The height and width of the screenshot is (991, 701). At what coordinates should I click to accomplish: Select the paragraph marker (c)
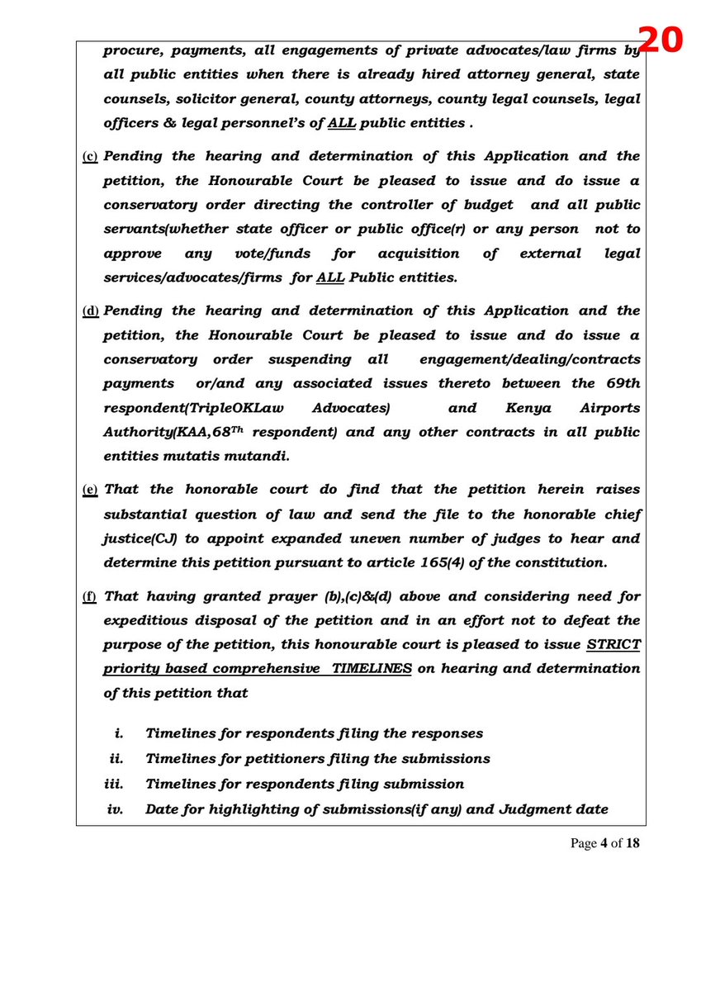(90, 157)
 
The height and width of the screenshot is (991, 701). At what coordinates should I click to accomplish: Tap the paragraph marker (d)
(90, 311)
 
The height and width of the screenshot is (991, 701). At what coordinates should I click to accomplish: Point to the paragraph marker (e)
(90, 491)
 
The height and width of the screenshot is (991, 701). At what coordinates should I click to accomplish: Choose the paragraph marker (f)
(90, 597)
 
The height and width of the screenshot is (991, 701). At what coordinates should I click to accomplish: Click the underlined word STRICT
(613, 644)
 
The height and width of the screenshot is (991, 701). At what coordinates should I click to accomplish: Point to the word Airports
(609, 408)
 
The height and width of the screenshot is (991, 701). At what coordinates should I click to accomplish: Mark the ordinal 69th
(622, 383)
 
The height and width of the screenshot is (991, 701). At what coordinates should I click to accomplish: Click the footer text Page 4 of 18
(604, 843)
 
